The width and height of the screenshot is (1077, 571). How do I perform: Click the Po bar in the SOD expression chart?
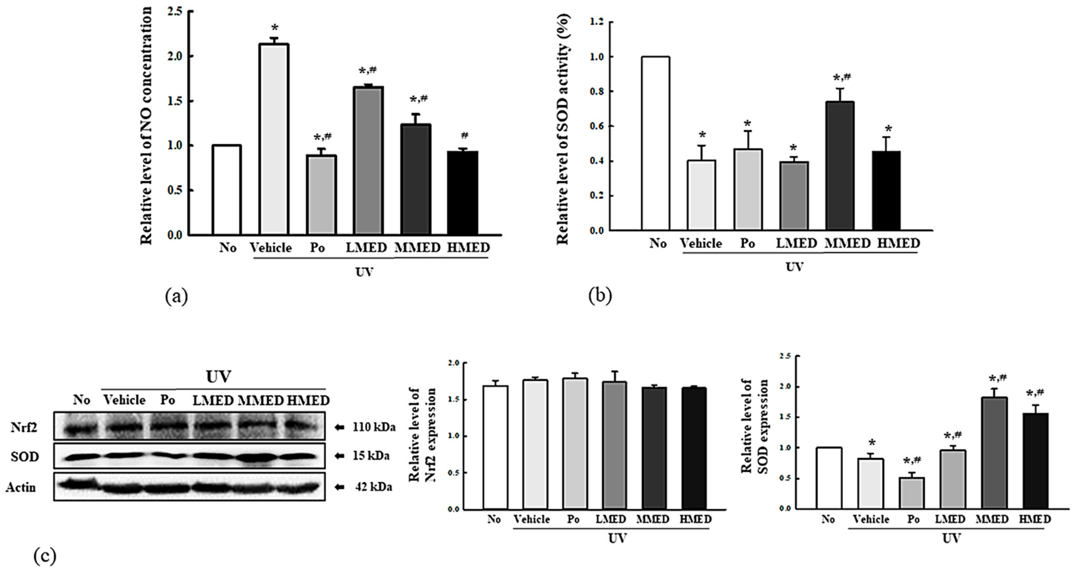point(912,493)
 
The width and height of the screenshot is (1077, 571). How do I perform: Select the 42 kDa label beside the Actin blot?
point(373,487)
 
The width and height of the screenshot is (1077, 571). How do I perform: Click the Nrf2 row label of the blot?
point(25,427)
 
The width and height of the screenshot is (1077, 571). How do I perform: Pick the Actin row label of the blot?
point(21,487)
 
